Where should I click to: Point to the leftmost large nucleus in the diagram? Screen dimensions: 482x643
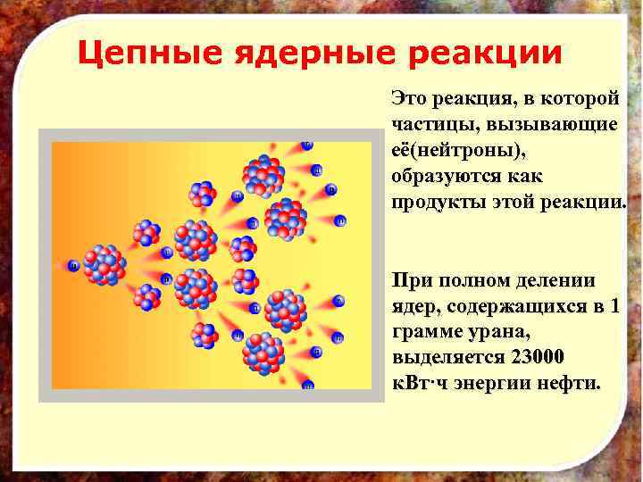[x=104, y=264]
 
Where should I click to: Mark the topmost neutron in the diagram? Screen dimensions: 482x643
[x=307, y=145]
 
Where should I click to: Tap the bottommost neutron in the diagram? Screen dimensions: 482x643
[x=307, y=386]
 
